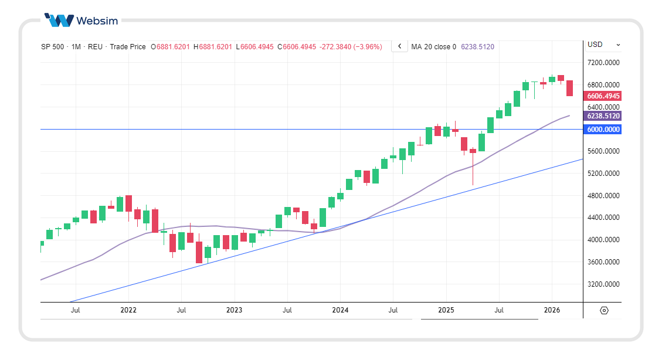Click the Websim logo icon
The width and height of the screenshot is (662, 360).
(59, 21)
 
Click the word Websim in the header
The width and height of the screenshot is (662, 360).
(97, 21)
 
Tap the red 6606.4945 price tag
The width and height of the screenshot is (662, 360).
(603, 96)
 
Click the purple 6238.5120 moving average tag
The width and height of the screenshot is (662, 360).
(603, 116)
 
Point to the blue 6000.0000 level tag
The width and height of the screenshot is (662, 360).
(603, 130)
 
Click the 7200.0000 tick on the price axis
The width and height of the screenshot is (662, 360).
(603, 63)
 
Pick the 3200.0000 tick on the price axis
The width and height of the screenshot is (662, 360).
(603, 284)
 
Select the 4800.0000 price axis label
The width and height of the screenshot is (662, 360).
(603, 196)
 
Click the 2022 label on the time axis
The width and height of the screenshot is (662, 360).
(128, 310)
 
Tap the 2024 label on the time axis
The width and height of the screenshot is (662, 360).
(340, 310)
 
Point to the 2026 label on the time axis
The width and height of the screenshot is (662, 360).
(552, 310)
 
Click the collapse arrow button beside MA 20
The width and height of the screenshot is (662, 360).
(399, 46)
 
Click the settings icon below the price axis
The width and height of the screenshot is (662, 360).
(605, 310)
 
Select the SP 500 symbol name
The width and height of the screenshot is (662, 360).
(52, 47)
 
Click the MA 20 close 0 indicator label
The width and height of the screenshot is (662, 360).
(433, 47)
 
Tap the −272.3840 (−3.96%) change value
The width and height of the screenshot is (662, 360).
(351, 47)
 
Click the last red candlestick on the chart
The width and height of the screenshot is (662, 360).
(569, 88)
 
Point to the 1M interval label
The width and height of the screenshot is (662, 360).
(76, 47)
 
